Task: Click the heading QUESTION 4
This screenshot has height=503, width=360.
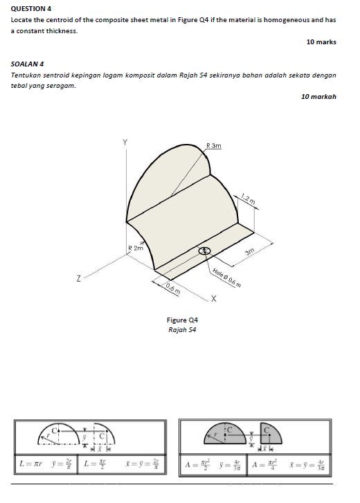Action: (x=31, y=8)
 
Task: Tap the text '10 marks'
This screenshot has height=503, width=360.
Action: (x=321, y=42)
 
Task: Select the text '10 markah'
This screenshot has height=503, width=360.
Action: (x=318, y=96)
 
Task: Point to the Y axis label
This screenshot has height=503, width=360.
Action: (x=125, y=142)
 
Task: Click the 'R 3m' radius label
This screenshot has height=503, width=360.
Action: (x=214, y=146)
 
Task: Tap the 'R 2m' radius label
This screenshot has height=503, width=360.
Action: (x=136, y=248)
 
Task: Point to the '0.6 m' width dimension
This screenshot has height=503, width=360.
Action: (x=173, y=288)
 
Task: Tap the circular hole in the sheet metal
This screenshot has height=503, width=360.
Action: (x=205, y=251)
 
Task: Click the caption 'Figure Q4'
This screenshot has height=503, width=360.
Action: (x=183, y=320)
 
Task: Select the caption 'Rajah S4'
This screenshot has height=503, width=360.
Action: (x=183, y=329)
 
